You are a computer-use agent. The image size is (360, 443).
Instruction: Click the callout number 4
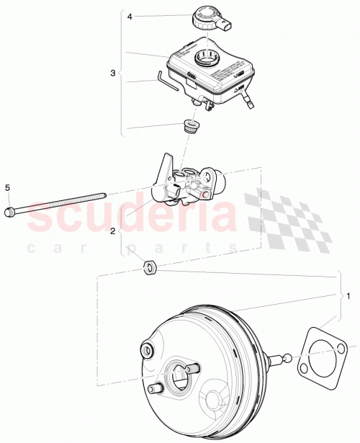pyautogui.click(x=131, y=15)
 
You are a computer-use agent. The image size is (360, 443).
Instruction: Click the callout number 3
pyautogui.click(x=112, y=73)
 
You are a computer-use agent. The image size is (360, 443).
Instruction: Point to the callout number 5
pyautogui.click(x=8, y=188)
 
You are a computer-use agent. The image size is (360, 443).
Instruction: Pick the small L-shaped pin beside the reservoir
pyautogui.click(x=164, y=78)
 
